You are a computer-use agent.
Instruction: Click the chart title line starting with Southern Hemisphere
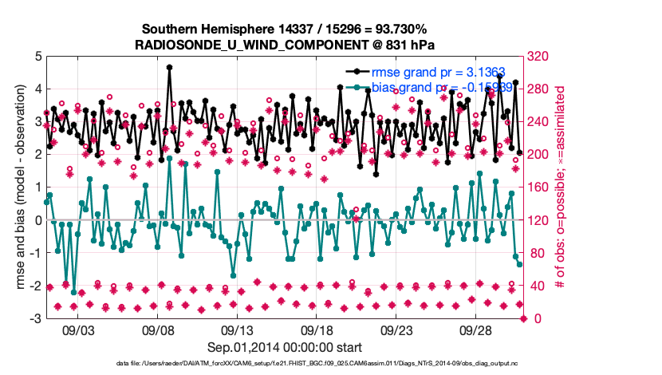tap(286, 29)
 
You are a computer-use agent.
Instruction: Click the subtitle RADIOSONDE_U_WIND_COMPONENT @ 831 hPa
tap(286, 44)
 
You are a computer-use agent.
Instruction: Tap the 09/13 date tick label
tap(238, 330)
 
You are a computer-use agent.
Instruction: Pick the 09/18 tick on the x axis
tap(317, 330)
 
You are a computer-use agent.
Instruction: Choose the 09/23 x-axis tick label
tap(397, 330)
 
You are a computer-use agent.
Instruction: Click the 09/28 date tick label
tap(477, 330)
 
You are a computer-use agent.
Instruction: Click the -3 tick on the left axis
tap(35, 318)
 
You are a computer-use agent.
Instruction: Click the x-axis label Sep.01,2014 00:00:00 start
tap(286, 346)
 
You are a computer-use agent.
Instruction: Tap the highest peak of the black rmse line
tap(169, 68)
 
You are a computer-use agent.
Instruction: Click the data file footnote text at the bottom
tap(286, 364)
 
